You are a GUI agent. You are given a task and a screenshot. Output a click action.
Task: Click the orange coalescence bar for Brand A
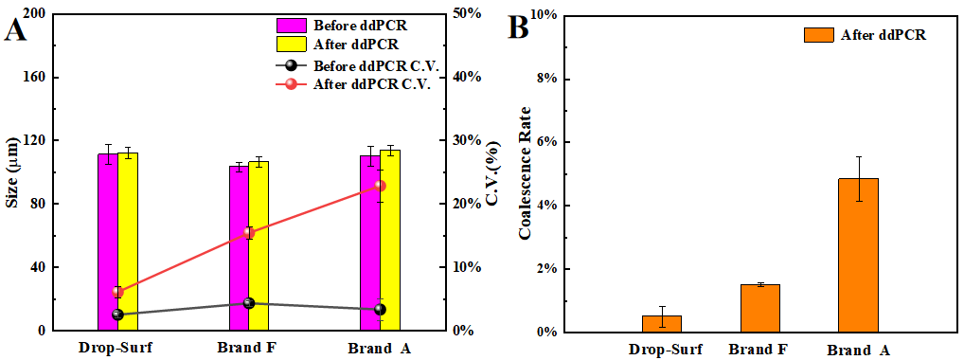pos(858,255)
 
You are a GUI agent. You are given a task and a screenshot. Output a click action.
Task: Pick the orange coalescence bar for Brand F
pos(759,308)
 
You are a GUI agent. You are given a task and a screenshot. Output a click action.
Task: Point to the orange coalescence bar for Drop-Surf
pos(661,323)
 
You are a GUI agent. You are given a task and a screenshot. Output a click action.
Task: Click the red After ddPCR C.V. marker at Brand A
pos(381,186)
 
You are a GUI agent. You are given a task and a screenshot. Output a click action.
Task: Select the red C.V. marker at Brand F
pos(249,232)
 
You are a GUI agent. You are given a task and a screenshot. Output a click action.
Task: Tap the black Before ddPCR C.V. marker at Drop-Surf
pos(117,315)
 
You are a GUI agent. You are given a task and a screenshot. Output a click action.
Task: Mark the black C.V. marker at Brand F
pos(249,303)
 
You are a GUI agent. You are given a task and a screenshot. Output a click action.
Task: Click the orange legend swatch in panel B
pos(817,34)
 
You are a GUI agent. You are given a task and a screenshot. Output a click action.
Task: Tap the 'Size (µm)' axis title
pos(12,171)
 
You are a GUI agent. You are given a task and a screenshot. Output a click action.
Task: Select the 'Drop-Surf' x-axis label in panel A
pos(116,348)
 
